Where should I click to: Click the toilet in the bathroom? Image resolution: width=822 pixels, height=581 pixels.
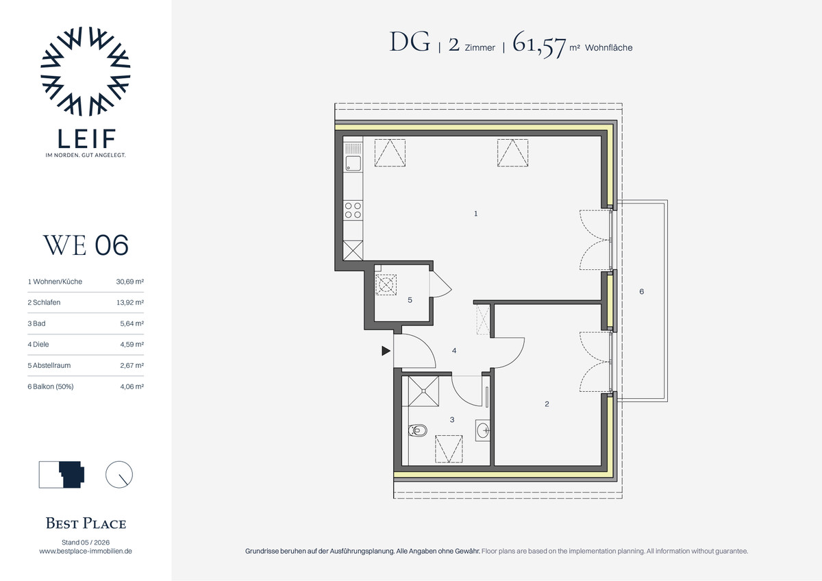point(418,430)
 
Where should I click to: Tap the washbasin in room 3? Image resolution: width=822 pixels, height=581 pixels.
point(483,430)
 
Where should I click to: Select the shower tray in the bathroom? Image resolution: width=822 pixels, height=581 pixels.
point(423,391)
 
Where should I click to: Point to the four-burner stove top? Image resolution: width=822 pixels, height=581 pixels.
point(353,210)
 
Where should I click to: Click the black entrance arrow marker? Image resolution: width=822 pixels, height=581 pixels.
point(386,351)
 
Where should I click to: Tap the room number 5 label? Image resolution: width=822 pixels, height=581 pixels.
point(410,300)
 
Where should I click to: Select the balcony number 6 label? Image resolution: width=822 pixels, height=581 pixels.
point(641,291)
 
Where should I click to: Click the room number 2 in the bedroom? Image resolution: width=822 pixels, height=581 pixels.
point(547,404)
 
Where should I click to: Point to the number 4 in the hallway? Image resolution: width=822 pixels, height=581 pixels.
point(454,351)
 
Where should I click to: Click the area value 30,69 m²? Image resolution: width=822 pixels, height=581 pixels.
point(130,282)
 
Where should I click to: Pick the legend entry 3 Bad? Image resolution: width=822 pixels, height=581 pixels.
point(37,323)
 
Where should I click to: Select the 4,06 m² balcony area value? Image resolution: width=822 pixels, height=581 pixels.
point(132,386)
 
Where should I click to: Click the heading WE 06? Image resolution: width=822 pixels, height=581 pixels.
point(86,245)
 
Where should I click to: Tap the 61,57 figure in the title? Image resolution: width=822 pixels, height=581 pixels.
point(539,45)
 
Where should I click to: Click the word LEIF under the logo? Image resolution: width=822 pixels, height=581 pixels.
point(86,138)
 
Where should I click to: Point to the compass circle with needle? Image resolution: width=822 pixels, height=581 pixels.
point(119,475)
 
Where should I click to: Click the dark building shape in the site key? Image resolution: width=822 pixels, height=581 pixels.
point(72,475)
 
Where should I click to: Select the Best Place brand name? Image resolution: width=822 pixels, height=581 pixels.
point(86,523)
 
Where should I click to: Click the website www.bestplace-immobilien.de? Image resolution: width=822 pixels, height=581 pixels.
point(86,552)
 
